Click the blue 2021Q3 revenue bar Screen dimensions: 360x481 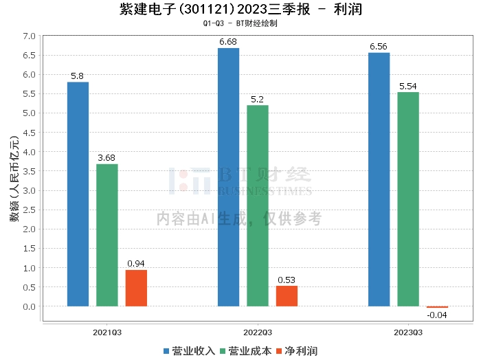pyautogui.click(x=78, y=194)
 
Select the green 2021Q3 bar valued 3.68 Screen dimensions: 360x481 pyautogui.click(x=107, y=235)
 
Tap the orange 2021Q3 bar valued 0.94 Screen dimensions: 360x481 pyautogui.click(x=136, y=288)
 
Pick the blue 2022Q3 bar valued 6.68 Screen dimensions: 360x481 pyautogui.click(x=228, y=177)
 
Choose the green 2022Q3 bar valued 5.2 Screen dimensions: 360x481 pyautogui.click(x=258, y=205)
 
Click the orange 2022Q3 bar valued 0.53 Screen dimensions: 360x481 pyautogui.click(x=287, y=296)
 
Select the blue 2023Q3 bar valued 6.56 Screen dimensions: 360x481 pyautogui.click(x=379, y=179)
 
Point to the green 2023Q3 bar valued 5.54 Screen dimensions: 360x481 pyautogui.click(x=408, y=199)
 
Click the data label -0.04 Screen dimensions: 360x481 pyautogui.click(x=437, y=315)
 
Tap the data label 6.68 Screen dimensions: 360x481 pyautogui.click(x=228, y=42)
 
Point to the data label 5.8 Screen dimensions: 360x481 pyautogui.click(x=78, y=76)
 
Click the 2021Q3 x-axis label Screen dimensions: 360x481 pyautogui.click(x=107, y=333)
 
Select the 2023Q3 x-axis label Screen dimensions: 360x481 pyautogui.click(x=408, y=333)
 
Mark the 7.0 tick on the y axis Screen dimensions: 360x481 pyautogui.click(x=28, y=35)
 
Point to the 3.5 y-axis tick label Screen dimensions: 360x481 pyautogui.click(x=28, y=171)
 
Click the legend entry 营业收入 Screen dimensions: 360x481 pyautogui.click(x=190, y=351)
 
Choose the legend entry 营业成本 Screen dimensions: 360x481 pyautogui.click(x=246, y=351)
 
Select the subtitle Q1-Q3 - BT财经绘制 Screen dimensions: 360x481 pyautogui.click(x=240, y=23)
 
